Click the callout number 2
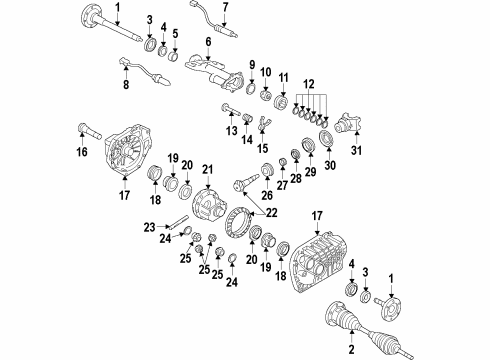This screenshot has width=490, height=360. (x=351, y=351)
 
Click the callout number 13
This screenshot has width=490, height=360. (x=232, y=130)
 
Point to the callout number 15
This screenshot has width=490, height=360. (x=264, y=149)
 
